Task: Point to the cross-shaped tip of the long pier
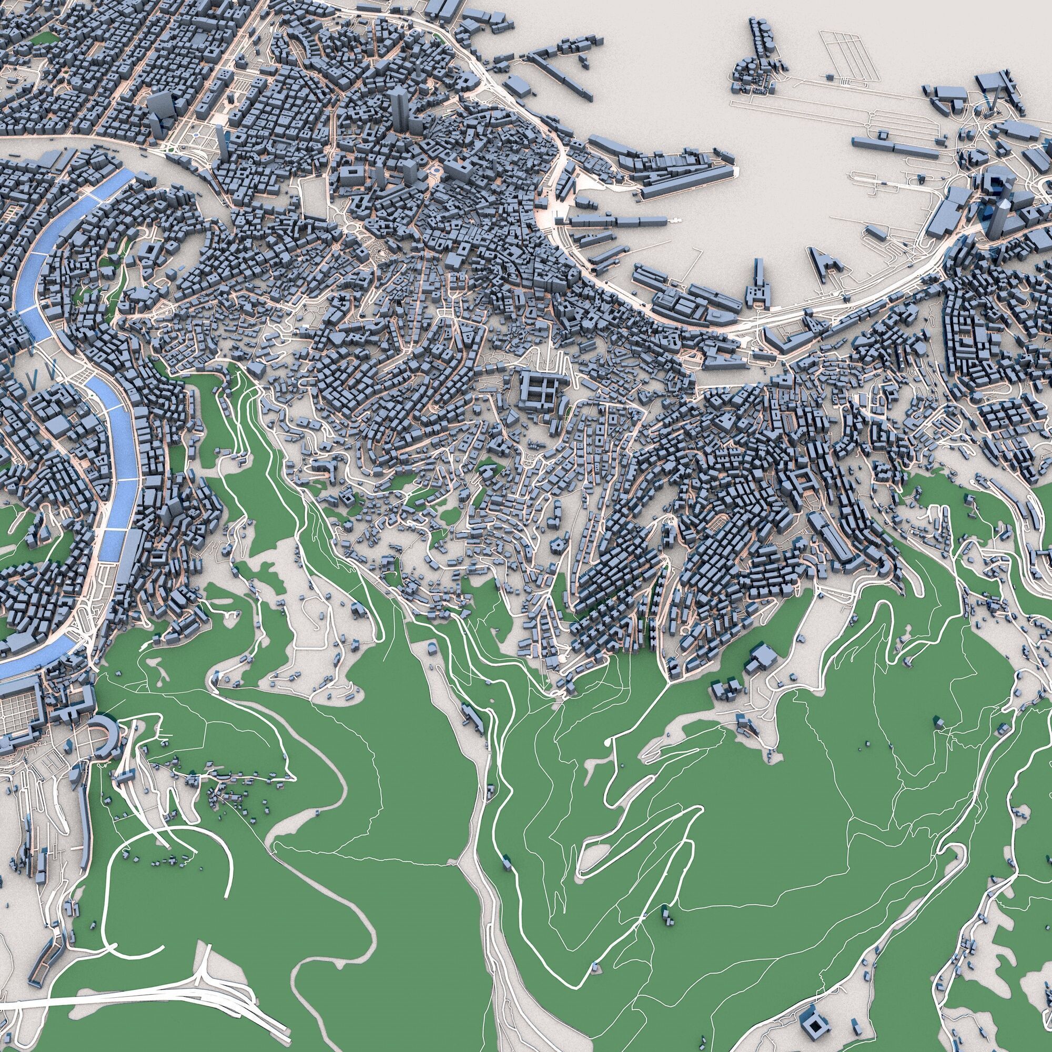tap(677, 219)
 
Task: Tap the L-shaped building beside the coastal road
tap(787, 338)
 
